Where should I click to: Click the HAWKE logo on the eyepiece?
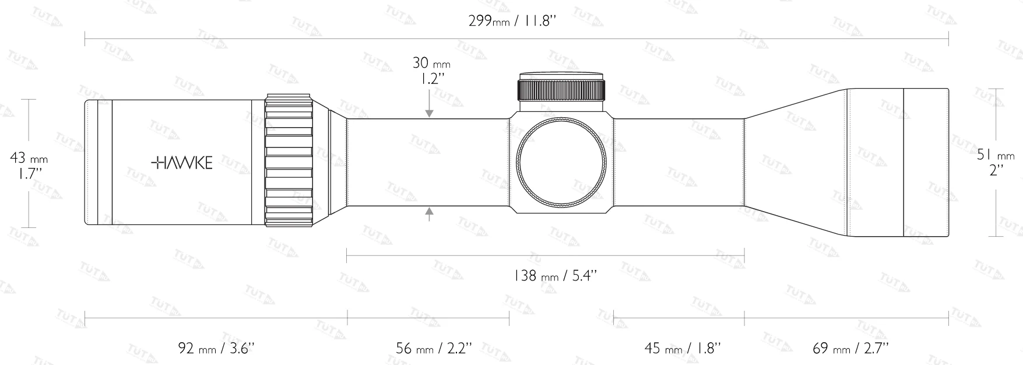182,163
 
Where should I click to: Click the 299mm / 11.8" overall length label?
513,22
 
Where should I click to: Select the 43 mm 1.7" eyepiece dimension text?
29,165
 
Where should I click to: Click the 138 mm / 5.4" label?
555,276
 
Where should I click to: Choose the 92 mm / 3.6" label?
216,349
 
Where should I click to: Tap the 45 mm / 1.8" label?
682,349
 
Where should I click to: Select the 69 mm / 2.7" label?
850,349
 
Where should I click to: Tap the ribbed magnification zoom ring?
289,160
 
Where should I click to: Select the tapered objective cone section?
796,163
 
